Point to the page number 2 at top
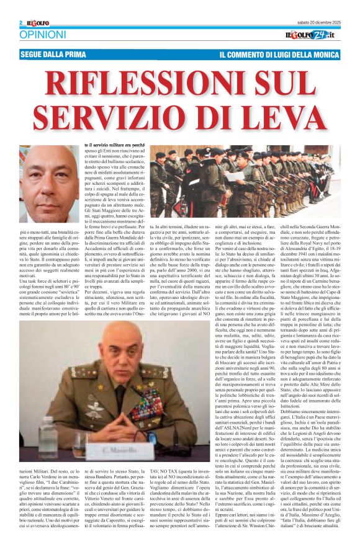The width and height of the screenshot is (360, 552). [x=20, y=23]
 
